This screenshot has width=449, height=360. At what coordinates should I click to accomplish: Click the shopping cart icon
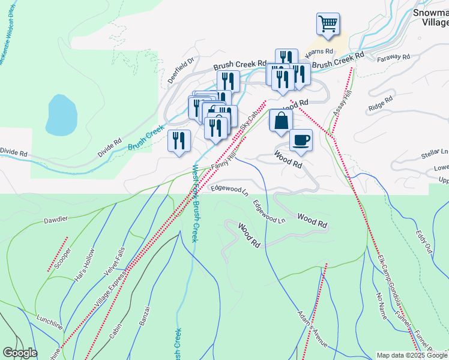pos(328,24)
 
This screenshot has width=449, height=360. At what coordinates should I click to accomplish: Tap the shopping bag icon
pos(280,120)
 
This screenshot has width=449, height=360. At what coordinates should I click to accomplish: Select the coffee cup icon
pos(301,140)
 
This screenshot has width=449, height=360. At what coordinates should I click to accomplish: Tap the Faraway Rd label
pos(393,58)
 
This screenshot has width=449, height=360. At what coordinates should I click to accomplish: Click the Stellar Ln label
pos(435,154)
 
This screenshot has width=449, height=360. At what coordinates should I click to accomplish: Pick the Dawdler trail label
pos(55,220)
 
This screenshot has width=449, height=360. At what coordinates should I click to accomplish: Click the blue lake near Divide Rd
pos(61,114)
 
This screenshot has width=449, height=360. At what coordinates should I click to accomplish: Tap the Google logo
pos(20,353)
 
